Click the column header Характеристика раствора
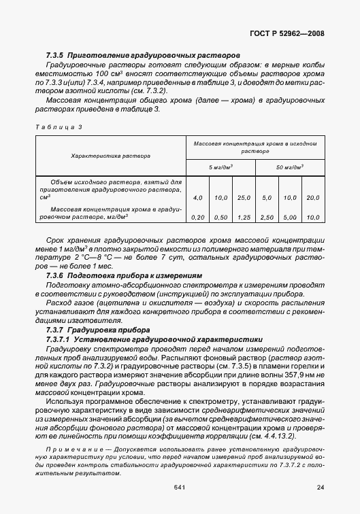(x=111, y=156)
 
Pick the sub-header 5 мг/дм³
(x=220, y=166)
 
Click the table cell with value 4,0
(x=198, y=197)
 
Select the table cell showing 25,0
(x=244, y=197)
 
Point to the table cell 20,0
(x=313, y=197)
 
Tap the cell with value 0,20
(x=198, y=217)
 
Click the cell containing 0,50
(x=220, y=217)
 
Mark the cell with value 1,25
(x=244, y=217)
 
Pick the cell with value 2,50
(x=267, y=217)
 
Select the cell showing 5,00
(x=290, y=217)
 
